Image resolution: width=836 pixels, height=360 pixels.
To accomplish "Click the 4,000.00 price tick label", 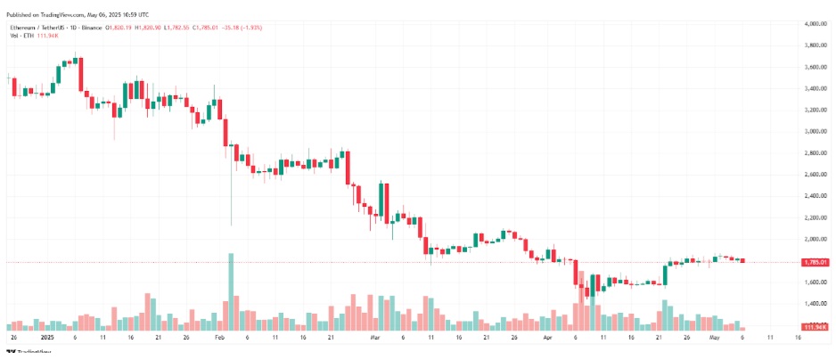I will (817, 23).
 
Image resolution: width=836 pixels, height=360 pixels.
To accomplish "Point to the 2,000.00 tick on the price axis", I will (817, 239).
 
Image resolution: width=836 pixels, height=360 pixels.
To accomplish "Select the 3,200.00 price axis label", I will (817, 110).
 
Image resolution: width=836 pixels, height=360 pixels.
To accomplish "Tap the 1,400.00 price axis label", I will (817, 304).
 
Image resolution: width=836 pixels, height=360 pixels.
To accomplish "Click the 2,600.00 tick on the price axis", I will (817, 175).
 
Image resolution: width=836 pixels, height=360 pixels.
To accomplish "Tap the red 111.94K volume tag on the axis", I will (816, 327).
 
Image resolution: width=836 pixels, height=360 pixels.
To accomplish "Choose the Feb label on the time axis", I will (220, 339).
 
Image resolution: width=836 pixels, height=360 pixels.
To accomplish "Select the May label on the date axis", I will (713, 339).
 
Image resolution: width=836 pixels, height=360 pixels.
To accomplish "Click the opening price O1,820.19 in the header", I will (120, 28).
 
